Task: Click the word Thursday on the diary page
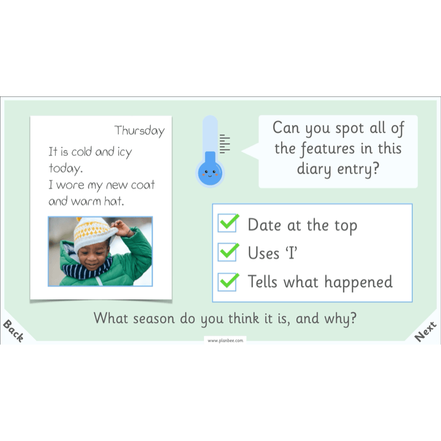click(139, 131)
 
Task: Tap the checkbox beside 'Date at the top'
click(228, 224)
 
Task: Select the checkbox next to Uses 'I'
click(228, 252)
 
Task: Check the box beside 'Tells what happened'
click(228, 282)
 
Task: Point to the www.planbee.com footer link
click(224, 341)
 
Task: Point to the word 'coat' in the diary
click(143, 185)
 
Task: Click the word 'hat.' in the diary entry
click(114, 202)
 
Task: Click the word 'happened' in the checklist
click(358, 282)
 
